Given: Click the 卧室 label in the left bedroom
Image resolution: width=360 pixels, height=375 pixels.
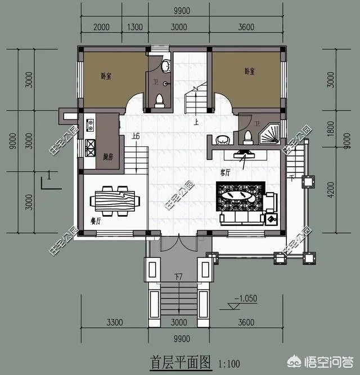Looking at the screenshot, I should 105,75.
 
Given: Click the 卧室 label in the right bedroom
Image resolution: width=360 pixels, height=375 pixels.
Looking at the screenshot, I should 249,72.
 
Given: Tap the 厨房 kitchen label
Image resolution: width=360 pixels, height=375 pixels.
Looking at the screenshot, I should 109,157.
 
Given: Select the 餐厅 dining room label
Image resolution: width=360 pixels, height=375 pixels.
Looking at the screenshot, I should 94,221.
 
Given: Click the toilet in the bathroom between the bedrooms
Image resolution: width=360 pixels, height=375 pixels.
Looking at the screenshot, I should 159,100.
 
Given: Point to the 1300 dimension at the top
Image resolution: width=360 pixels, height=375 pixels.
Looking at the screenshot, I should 135,27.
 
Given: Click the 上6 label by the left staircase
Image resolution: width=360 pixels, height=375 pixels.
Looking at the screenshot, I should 135,137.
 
